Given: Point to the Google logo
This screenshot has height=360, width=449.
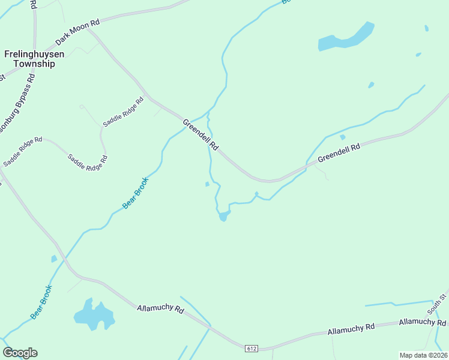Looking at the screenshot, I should (x=20, y=353).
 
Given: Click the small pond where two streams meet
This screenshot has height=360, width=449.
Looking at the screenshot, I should (x=223, y=215).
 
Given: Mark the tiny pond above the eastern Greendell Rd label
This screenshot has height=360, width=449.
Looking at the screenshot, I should (x=343, y=137).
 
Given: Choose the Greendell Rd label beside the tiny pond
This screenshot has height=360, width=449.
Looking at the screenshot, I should (x=339, y=152).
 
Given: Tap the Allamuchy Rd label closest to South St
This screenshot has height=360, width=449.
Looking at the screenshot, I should (x=420, y=323).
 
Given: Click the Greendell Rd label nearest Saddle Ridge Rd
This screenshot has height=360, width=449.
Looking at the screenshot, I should (x=200, y=136).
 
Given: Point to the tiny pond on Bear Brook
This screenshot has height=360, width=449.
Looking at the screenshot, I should (x=54, y=259).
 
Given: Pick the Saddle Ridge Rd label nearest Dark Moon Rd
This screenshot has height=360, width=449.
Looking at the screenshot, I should (x=124, y=112).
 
